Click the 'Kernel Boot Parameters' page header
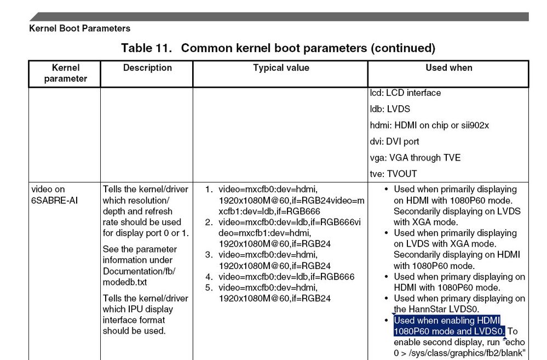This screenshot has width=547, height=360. click(79, 28)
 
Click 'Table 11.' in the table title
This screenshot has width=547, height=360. click(147, 48)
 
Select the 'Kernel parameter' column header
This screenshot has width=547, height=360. click(66, 73)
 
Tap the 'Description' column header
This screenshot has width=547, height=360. click(147, 68)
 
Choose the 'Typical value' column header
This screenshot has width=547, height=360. click(281, 68)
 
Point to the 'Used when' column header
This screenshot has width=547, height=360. click(448, 68)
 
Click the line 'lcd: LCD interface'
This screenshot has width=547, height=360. click(405, 93)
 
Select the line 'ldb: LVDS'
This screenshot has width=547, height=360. click(390, 109)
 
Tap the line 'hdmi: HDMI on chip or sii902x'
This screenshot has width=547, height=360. click(429, 125)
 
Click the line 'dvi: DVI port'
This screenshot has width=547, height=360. click(394, 141)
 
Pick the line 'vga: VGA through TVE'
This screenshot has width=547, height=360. click(415, 158)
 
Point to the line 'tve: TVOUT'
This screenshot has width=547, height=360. click(393, 174)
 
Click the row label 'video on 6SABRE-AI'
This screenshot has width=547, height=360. click(55, 195)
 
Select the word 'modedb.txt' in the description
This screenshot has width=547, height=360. click(124, 282)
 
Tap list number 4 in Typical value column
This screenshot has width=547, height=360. click(209, 277)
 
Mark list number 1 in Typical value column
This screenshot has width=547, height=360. click(209, 190)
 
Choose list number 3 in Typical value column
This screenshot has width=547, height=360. click(209, 255)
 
